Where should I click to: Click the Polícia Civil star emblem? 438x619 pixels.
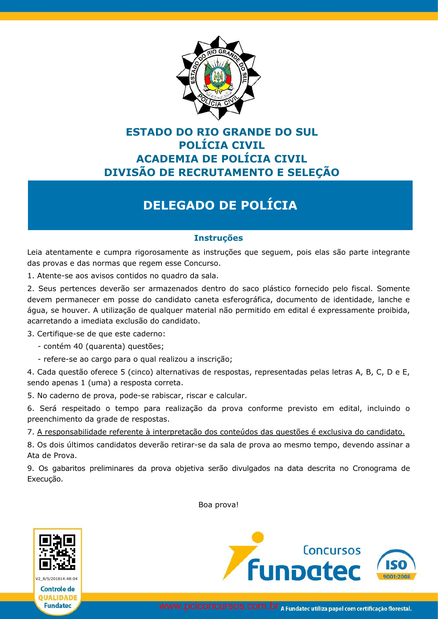[218, 78]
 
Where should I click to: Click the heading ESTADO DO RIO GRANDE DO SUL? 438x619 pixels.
[222, 132]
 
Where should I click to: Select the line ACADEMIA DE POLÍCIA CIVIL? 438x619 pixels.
[222, 159]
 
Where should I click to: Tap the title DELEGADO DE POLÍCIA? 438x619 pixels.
[220, 205]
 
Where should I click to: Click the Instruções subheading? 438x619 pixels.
[218, 238]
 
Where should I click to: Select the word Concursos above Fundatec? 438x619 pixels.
[332, 550]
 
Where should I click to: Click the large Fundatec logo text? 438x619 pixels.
[304, 570]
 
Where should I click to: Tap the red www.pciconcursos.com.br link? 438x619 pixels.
[219, 606]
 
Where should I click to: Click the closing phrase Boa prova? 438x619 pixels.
[218, 505]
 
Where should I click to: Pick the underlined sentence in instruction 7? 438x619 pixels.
[221, 432]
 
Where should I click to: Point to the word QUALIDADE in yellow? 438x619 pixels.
[58, 598]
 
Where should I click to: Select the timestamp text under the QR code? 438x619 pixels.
[57, 579]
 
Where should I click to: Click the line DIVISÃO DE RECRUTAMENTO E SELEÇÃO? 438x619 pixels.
[222, 172]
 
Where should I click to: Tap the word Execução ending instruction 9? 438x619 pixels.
[45, 479]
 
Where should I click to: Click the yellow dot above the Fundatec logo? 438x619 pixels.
[257, 537]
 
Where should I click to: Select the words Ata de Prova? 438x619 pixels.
[51, 455]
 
